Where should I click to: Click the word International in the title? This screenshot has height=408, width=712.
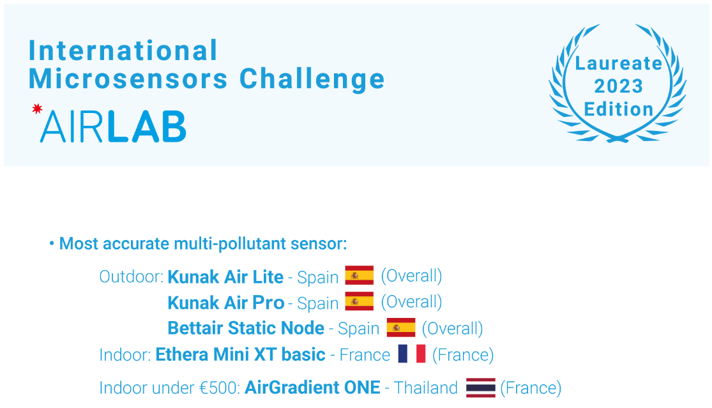click(123, 50)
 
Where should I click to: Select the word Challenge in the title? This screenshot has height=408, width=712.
click(312, 79)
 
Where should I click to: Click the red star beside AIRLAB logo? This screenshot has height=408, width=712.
click(37, 109)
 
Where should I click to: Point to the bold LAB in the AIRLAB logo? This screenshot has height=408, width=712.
click(146, 126)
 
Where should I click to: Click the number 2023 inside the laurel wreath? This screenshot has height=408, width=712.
click(618, 86)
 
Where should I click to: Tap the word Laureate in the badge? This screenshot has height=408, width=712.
click(618, 63)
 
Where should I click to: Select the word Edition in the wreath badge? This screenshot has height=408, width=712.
click(618, 109)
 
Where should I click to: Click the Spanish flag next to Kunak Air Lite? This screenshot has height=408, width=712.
click(360, 276)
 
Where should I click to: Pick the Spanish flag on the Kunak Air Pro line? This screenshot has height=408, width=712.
click(360, 302)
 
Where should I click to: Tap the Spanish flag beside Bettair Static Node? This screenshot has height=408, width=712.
click(400, 328)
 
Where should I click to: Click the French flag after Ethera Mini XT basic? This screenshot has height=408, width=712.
click(411, 354)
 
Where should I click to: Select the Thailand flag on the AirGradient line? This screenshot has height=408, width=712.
click(480, 388)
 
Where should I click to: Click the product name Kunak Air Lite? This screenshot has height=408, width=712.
click(225, 276)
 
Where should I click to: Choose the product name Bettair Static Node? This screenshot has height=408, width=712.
click(246, 328)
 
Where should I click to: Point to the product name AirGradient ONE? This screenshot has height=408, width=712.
click(312, 388)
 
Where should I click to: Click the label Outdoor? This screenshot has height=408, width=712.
click(131, 277)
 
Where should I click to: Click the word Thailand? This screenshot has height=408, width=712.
click(426, 388)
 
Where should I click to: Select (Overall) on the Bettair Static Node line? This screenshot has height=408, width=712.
click(452, 328)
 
